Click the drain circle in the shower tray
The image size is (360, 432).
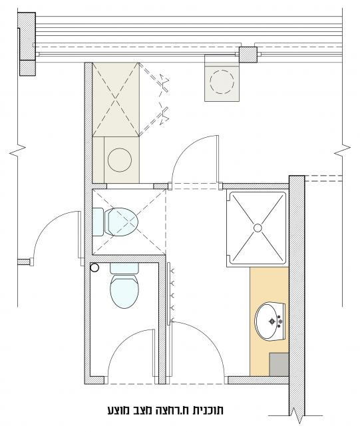(x=258, y=228)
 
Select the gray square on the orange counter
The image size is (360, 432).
(x=279, y=364)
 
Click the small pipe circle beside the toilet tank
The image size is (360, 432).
(x=94, y=268)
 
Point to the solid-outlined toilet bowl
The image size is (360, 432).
(x=124, y=292)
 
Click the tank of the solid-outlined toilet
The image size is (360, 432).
(x=124, y=268)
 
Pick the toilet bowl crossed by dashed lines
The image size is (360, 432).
(x=121, y=222)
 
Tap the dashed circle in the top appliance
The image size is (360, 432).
(x=222, y=82)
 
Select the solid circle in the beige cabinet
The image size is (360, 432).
(x=120, y=160)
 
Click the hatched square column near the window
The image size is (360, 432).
(x=248, y=55)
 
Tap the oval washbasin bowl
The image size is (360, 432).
(x=266, y=322)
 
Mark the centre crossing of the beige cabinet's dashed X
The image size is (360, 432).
(x=116, y=99)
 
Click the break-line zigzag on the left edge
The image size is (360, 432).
(x=17, y=150)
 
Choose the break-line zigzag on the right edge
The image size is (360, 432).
(x=343, y=150)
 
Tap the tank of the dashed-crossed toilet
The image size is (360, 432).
(x=98, y=222)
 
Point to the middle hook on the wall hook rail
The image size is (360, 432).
(x=173, y=296)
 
